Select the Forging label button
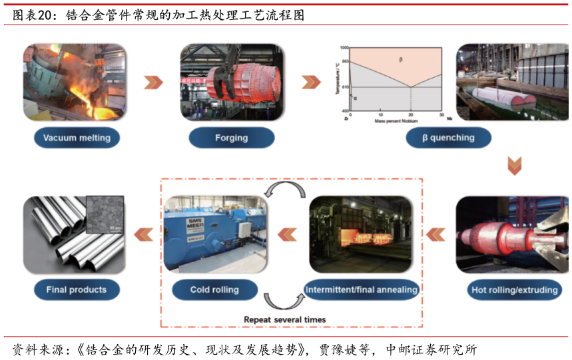tap(231, 138)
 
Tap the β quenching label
tap(448, 138)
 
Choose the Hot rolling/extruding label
tap(513, 290)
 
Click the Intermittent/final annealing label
tap(362, 289)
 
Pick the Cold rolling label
tap(214, 289)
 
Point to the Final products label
tap(77, 289)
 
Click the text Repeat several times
tap(285, 319)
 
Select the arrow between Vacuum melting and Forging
tap(153, 83)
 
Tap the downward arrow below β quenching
tap(514, 166)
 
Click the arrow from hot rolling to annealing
tap(435, 234)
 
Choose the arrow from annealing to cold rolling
tap(286, 234)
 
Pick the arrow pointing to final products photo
tap(143, 234)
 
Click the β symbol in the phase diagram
tap(401, 60)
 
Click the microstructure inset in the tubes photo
tap(105, 214)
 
